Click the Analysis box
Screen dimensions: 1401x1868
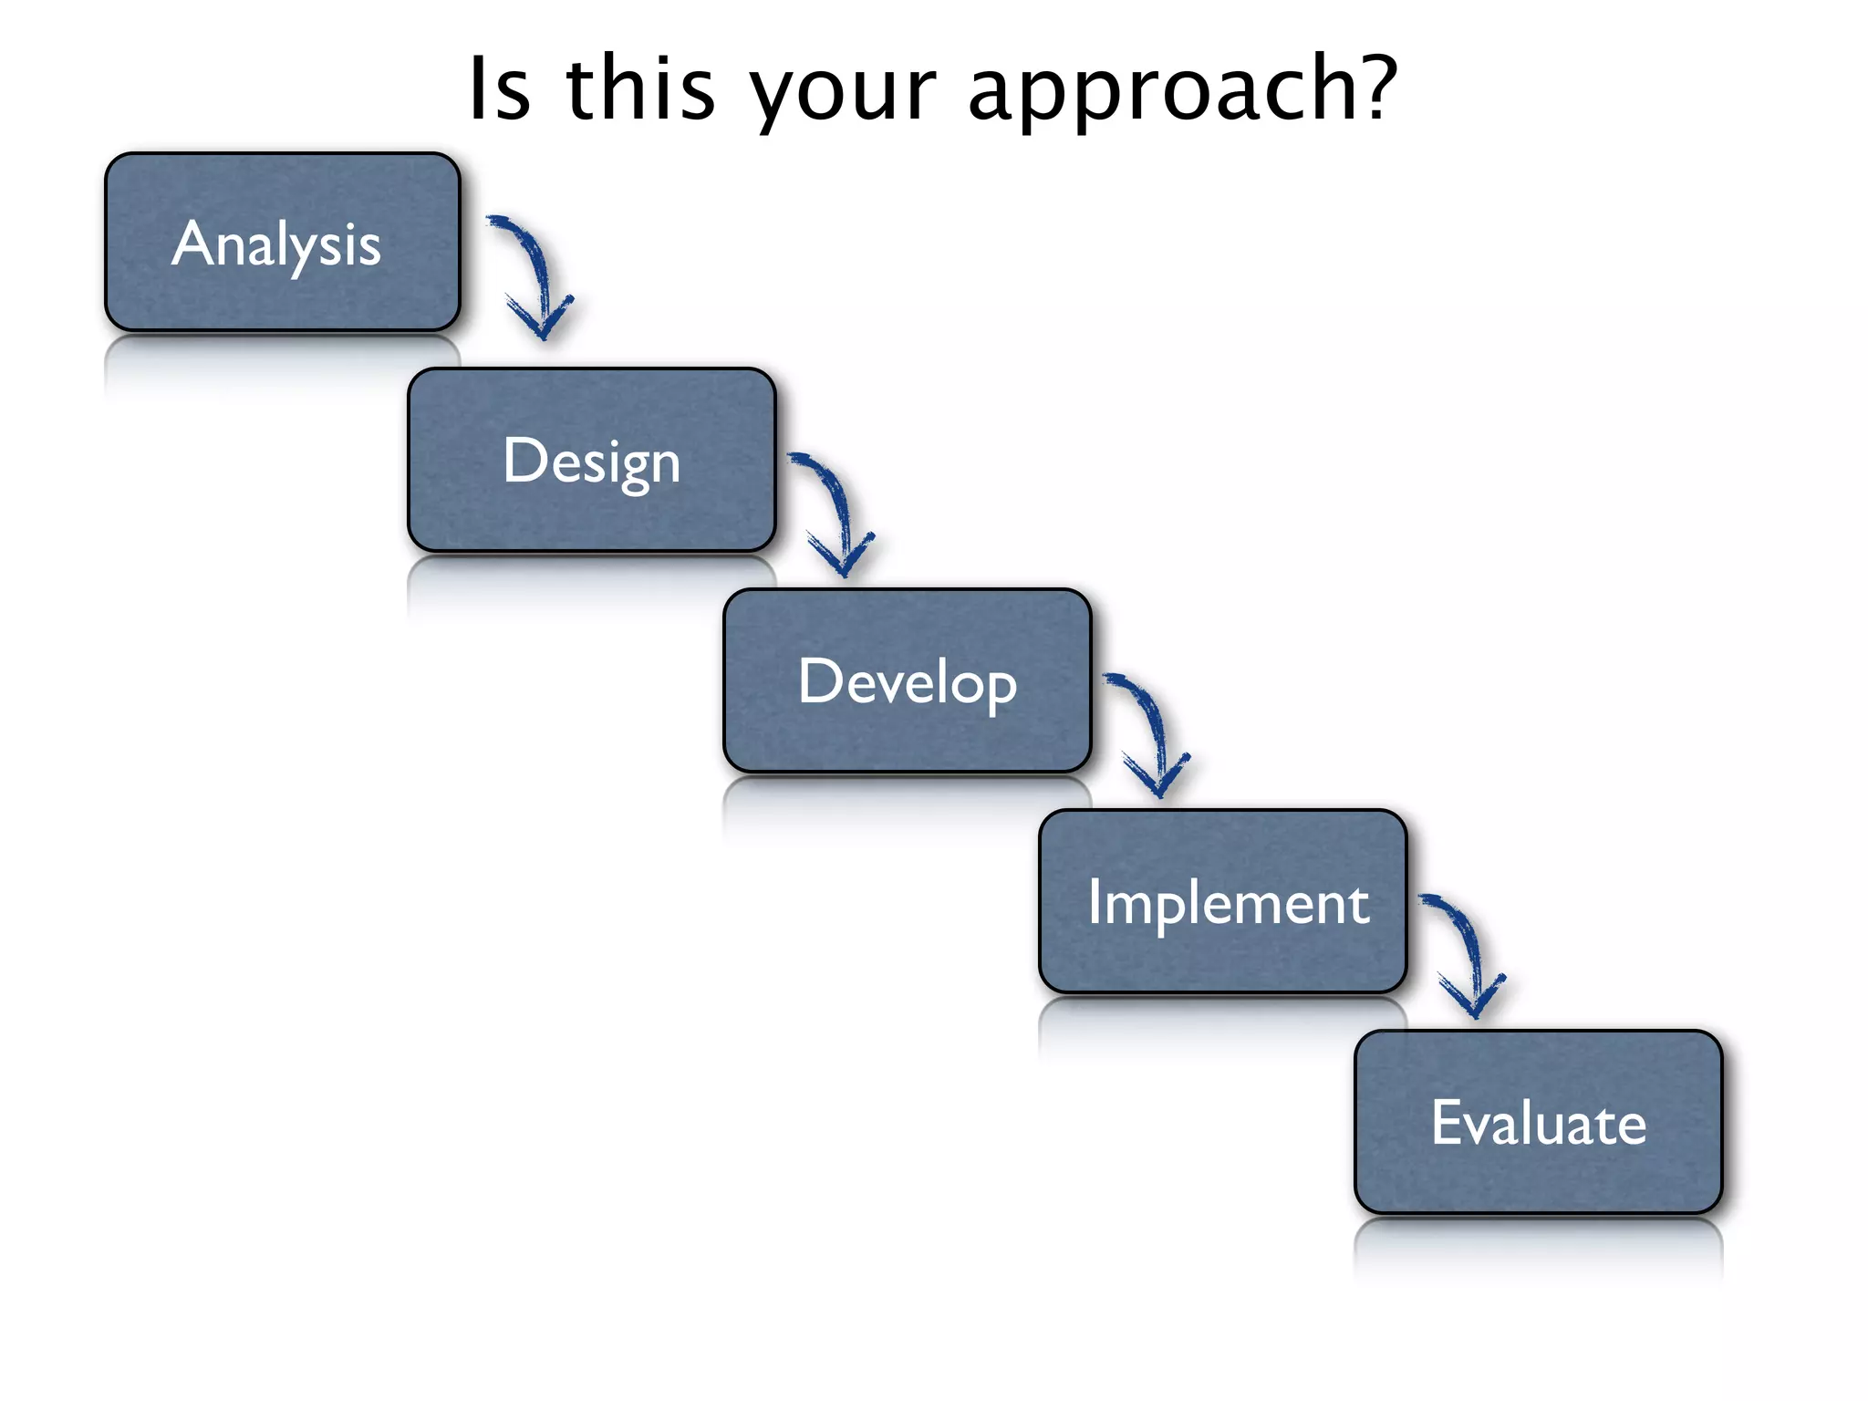[x=283, y=243]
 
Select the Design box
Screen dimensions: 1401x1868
[x=591, y=461]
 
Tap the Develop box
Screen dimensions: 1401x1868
[x=907, y=681]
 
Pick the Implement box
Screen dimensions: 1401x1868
[x=1222, y=902]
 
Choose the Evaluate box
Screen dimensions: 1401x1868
[x=1538, y=1123]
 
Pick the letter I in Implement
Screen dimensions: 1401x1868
[x=1095, y=902]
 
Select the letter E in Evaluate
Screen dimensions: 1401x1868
[x=1446, y=1122]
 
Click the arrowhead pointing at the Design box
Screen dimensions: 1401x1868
[x=542, y=324]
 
